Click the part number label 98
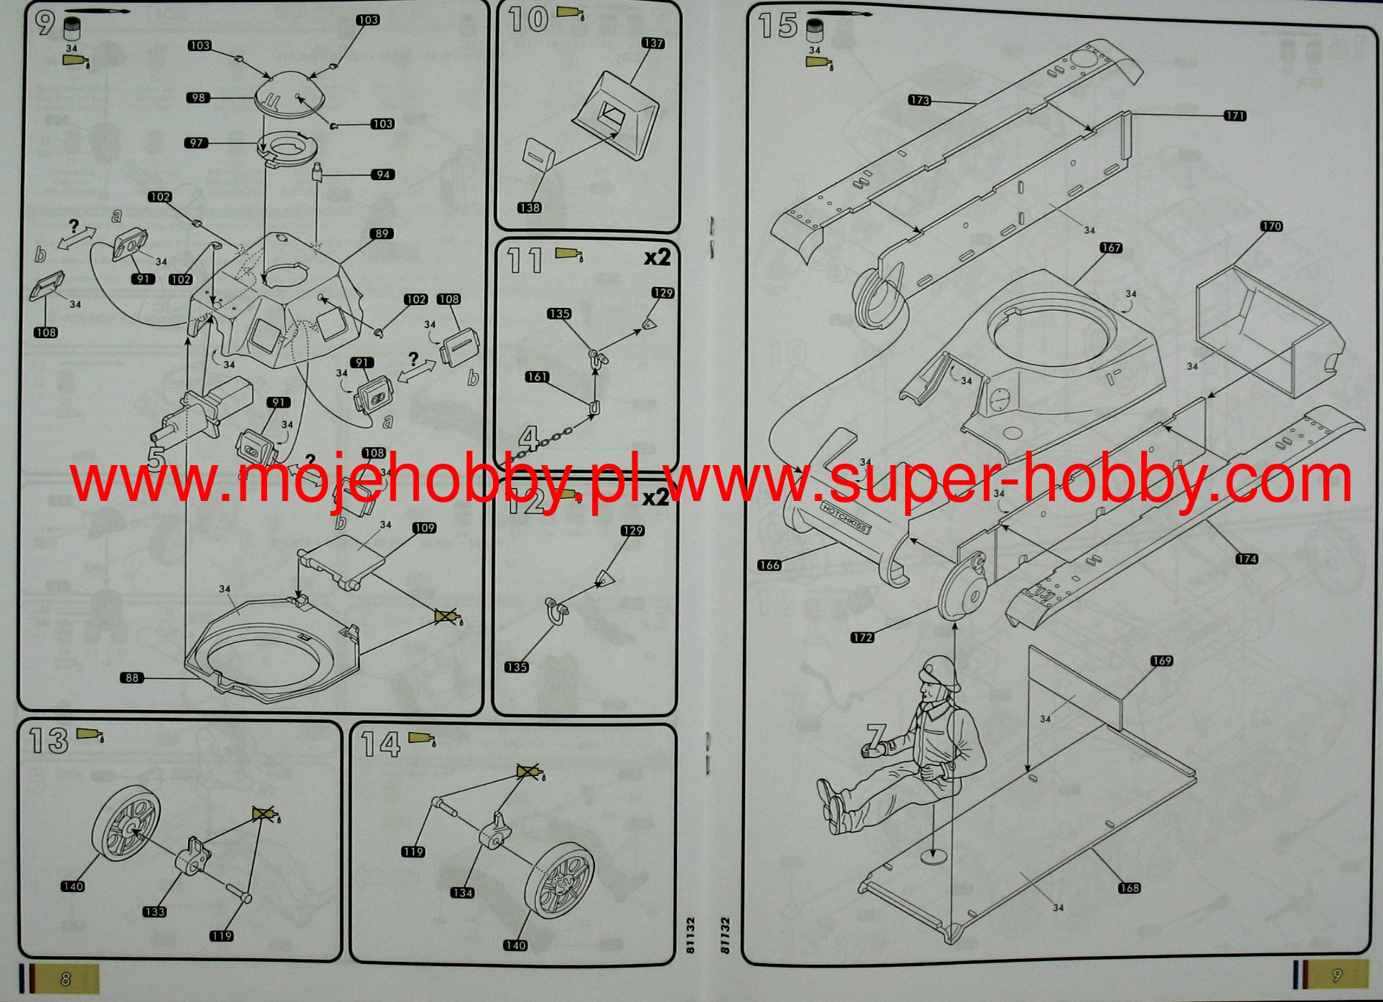click(x=198, y=98)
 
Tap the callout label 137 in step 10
click(x=653, y=43)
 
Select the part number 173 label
click(x=919, y=100)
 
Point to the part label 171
click(x=1234, y=116)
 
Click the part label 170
click(x=1271, y=226)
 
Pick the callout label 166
click(x=769, y=565)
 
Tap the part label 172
click(x=862, y=637)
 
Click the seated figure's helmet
click(x=941, y=671)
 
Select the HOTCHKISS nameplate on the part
click(x=845, y=517)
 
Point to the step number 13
click(x=48, y=741)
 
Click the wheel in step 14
click(x=560, y=880)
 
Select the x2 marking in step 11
click(x=657, y=257)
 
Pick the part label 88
click(x=132, y=678)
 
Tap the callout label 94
click(x=383, y=174)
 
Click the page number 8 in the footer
click(x=66, y=979)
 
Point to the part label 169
click(x=1161, y=660)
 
